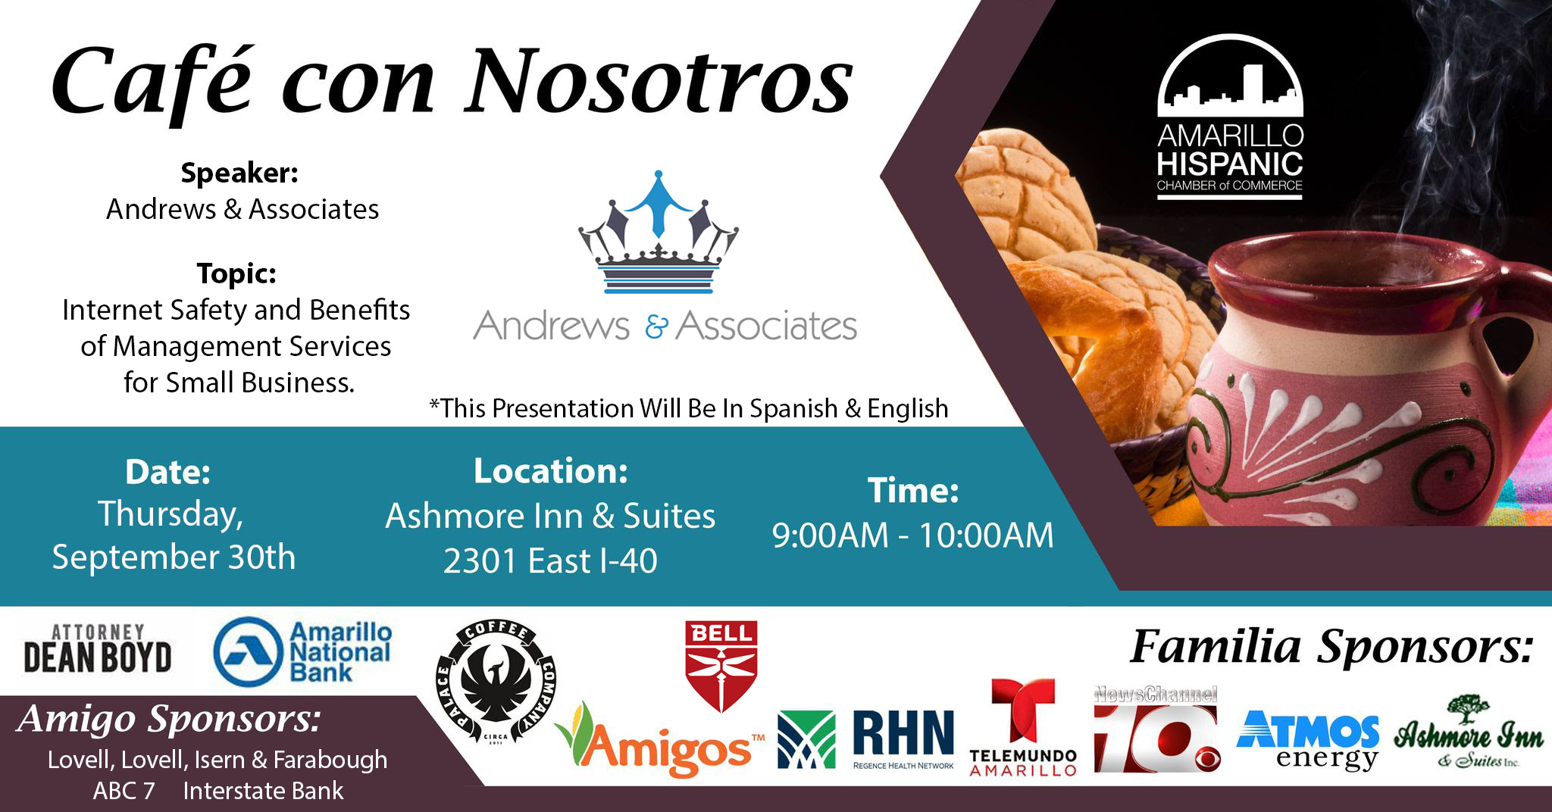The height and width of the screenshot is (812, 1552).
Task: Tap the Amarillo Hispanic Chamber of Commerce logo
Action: pos(1230,117)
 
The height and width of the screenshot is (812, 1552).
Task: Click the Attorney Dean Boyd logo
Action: pos(97,649)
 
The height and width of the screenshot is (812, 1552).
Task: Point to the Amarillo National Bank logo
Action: pos(302,652)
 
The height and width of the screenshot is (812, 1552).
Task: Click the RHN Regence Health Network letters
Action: pos(903,739)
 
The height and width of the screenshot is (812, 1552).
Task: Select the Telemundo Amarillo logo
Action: pos(1023,727)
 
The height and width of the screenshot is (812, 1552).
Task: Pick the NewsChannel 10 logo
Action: pos(1156,729)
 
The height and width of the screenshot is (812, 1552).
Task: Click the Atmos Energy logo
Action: pos(1307,740)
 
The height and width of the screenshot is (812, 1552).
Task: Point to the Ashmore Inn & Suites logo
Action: pos(1468,732)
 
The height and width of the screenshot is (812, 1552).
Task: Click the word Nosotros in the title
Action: pos(660,81)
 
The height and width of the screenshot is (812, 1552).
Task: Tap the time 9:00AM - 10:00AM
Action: pos(912,536)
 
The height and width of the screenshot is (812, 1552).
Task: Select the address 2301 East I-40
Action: pos(550,561)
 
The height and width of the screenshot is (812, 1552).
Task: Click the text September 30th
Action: pos(174,557)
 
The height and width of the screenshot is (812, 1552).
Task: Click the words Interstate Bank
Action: pos(263,791)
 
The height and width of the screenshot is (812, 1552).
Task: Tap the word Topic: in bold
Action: pos(236,273)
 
